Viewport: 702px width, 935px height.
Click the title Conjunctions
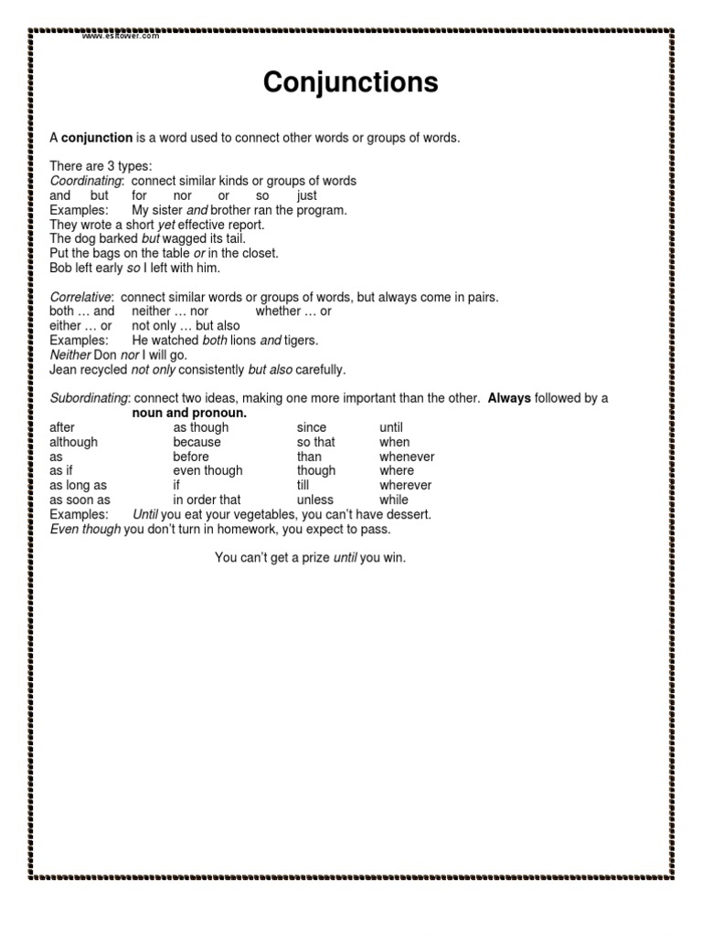point(350,83)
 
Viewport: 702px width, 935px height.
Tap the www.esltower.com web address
point(121,36)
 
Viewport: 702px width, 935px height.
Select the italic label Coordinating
point(85,181)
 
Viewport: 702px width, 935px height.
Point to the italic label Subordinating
point(90,398)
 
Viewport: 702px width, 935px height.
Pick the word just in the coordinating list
point(307,195)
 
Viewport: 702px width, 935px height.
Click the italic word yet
point(165,225)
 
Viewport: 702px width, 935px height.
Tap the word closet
point(259,254)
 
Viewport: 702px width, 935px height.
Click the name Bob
point(60,268)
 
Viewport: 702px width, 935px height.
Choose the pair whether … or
point(293,311)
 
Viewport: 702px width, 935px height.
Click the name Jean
point(62,370)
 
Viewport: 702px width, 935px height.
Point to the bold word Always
point(509,398)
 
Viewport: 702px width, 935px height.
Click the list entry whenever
point(407,457)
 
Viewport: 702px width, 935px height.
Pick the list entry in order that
point(207,500)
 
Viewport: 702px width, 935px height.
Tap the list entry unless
point(315,500)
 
